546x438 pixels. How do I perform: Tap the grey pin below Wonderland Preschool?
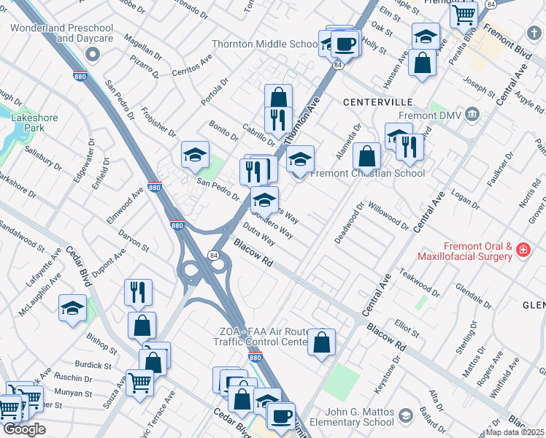tap(93, 55)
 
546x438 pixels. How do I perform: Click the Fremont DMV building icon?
tap(472, 115)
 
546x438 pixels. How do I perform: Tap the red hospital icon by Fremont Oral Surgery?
tap(523, 251)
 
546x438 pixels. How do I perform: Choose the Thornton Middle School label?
tap(264, 44)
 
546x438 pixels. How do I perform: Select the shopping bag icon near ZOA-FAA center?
tap(321, 342)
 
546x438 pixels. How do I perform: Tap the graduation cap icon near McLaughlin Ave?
tap(72, 308)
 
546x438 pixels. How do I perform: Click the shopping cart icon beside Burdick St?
tap(139, 382)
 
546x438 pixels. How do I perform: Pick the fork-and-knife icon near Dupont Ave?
tap(138, 292)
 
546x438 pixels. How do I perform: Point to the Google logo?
tap(24, 429)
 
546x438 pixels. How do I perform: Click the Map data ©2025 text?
tap(515, 432)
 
